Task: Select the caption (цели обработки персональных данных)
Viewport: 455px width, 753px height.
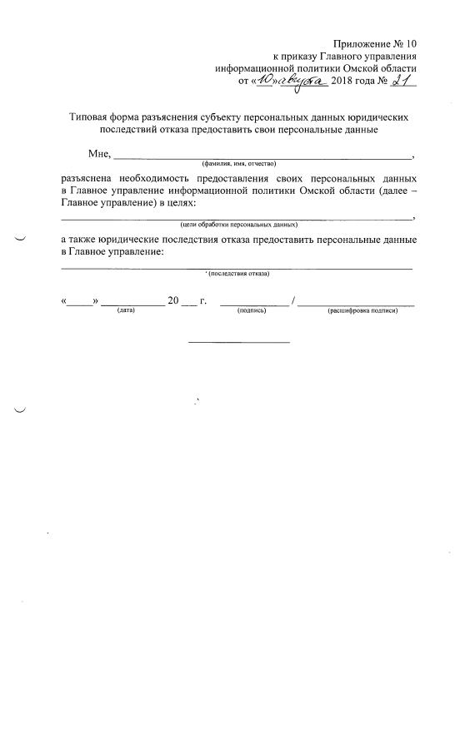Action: (x=238, y=225)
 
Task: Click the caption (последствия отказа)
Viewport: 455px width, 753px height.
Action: (x=239, y=273)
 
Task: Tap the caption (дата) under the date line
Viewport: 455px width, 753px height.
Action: (x=127, y=310)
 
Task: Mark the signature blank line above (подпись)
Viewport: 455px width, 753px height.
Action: (x=254, y=305)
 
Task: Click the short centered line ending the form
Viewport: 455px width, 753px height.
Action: (x=239, y=342)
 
